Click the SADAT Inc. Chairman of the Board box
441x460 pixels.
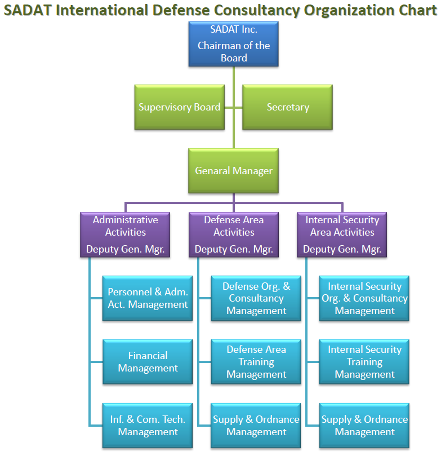click(234, 44)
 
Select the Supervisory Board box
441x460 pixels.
click(180, 107)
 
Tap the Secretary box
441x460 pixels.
click(288, 107)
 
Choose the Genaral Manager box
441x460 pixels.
click(234, 171)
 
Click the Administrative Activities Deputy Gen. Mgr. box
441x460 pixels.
click(125, 235)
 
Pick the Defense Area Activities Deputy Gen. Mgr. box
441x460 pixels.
click(234, 235)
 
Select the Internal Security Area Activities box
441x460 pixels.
click(342, 235)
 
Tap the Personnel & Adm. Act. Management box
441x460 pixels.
click(148, 298)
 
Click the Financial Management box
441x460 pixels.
click(148, 362)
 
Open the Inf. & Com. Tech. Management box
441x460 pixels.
click(148, 426)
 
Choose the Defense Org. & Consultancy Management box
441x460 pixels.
click(256, 298)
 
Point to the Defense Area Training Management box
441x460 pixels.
click(256, 362)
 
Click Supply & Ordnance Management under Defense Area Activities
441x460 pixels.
click(256, 426)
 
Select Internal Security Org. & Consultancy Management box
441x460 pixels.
click(364, 298)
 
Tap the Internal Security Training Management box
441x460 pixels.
click(364, 362)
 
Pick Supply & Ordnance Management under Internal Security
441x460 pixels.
click(364, 426)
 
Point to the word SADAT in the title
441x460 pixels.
click(27, 10)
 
